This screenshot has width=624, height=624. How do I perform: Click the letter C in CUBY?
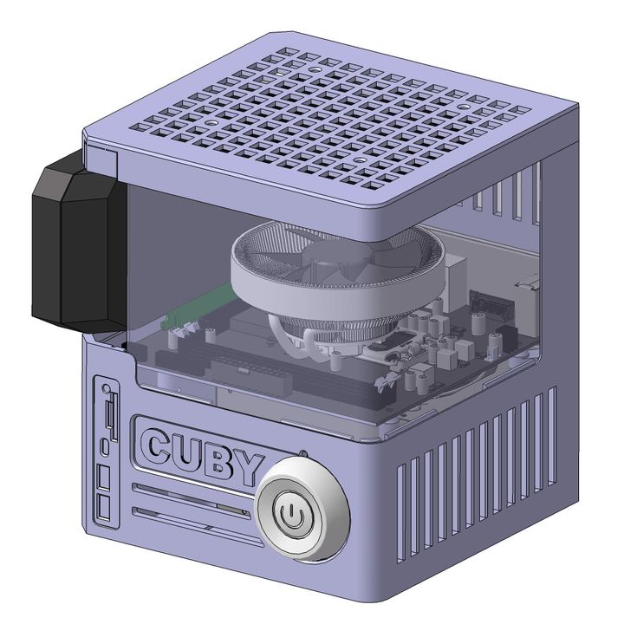(x=159, y=448)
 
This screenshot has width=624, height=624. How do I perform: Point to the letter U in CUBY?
(x=189, y=454)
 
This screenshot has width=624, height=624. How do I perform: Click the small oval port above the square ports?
(x=105, y=445)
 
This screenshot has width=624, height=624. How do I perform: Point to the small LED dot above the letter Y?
(x=302, y=452)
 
